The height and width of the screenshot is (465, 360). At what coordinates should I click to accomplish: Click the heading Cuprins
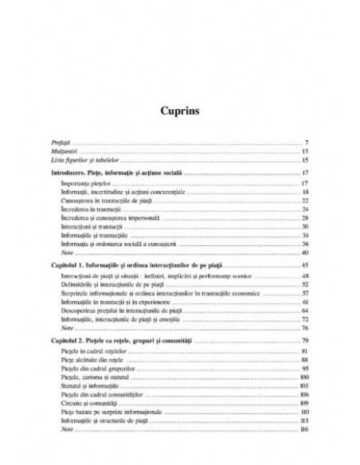(x=179, y=111)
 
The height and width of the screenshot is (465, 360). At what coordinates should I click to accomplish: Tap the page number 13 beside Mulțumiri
(x=305, y=151)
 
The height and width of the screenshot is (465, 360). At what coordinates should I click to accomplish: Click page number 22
(x=305, y=201)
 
